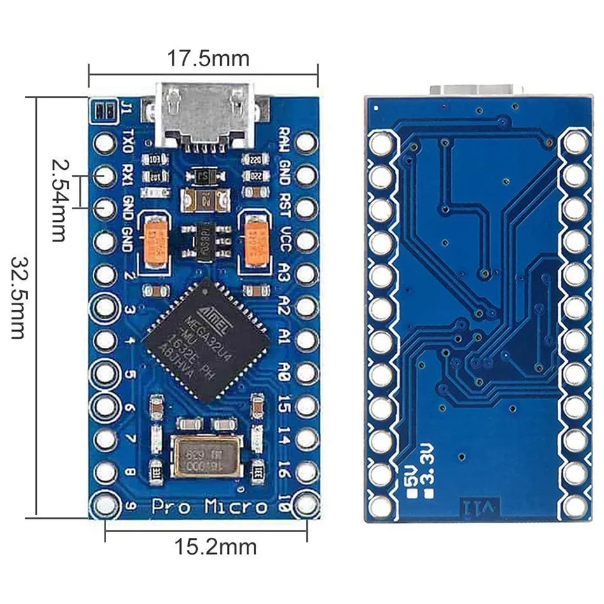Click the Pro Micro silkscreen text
pyautogui.click(x=209, y=507)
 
